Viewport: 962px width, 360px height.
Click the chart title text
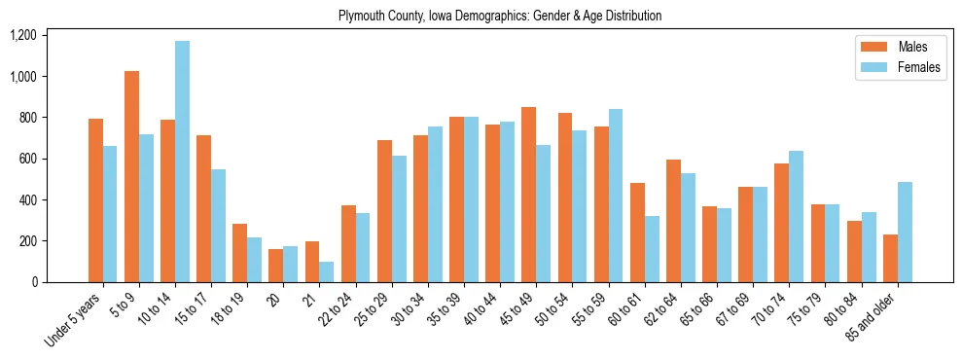point(500,16)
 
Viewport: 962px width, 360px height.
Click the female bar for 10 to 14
point(182,162)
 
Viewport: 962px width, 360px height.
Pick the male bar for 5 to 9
point(132,176)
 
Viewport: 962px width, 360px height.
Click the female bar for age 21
point(327,271)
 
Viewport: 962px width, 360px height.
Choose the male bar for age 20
point(276,266)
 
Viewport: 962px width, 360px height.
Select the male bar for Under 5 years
point(95,200)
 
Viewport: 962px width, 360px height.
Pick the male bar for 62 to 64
point(673,221)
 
